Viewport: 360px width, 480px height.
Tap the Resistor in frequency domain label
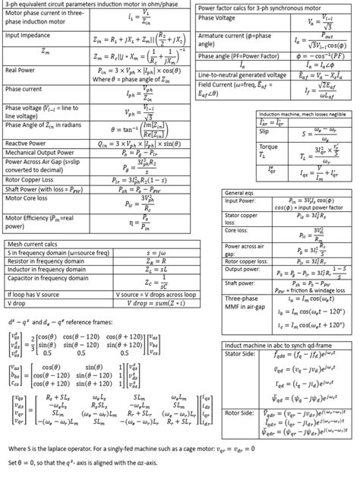tap(41, 260)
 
